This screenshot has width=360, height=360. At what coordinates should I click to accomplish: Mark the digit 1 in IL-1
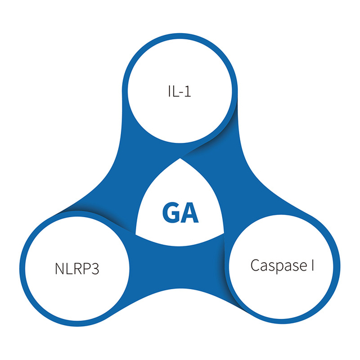188,91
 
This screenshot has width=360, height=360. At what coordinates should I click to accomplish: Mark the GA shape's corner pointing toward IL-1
181,159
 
